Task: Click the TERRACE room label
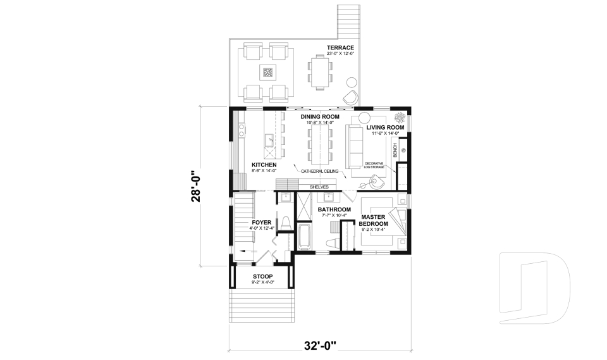click(340, 48)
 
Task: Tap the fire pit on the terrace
click(267, 73)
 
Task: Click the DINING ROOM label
click(320, 117)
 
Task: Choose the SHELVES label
click(319, 187)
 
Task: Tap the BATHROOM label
click(334, 209)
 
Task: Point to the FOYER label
click(262, 223)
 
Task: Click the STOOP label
click(262, 276)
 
